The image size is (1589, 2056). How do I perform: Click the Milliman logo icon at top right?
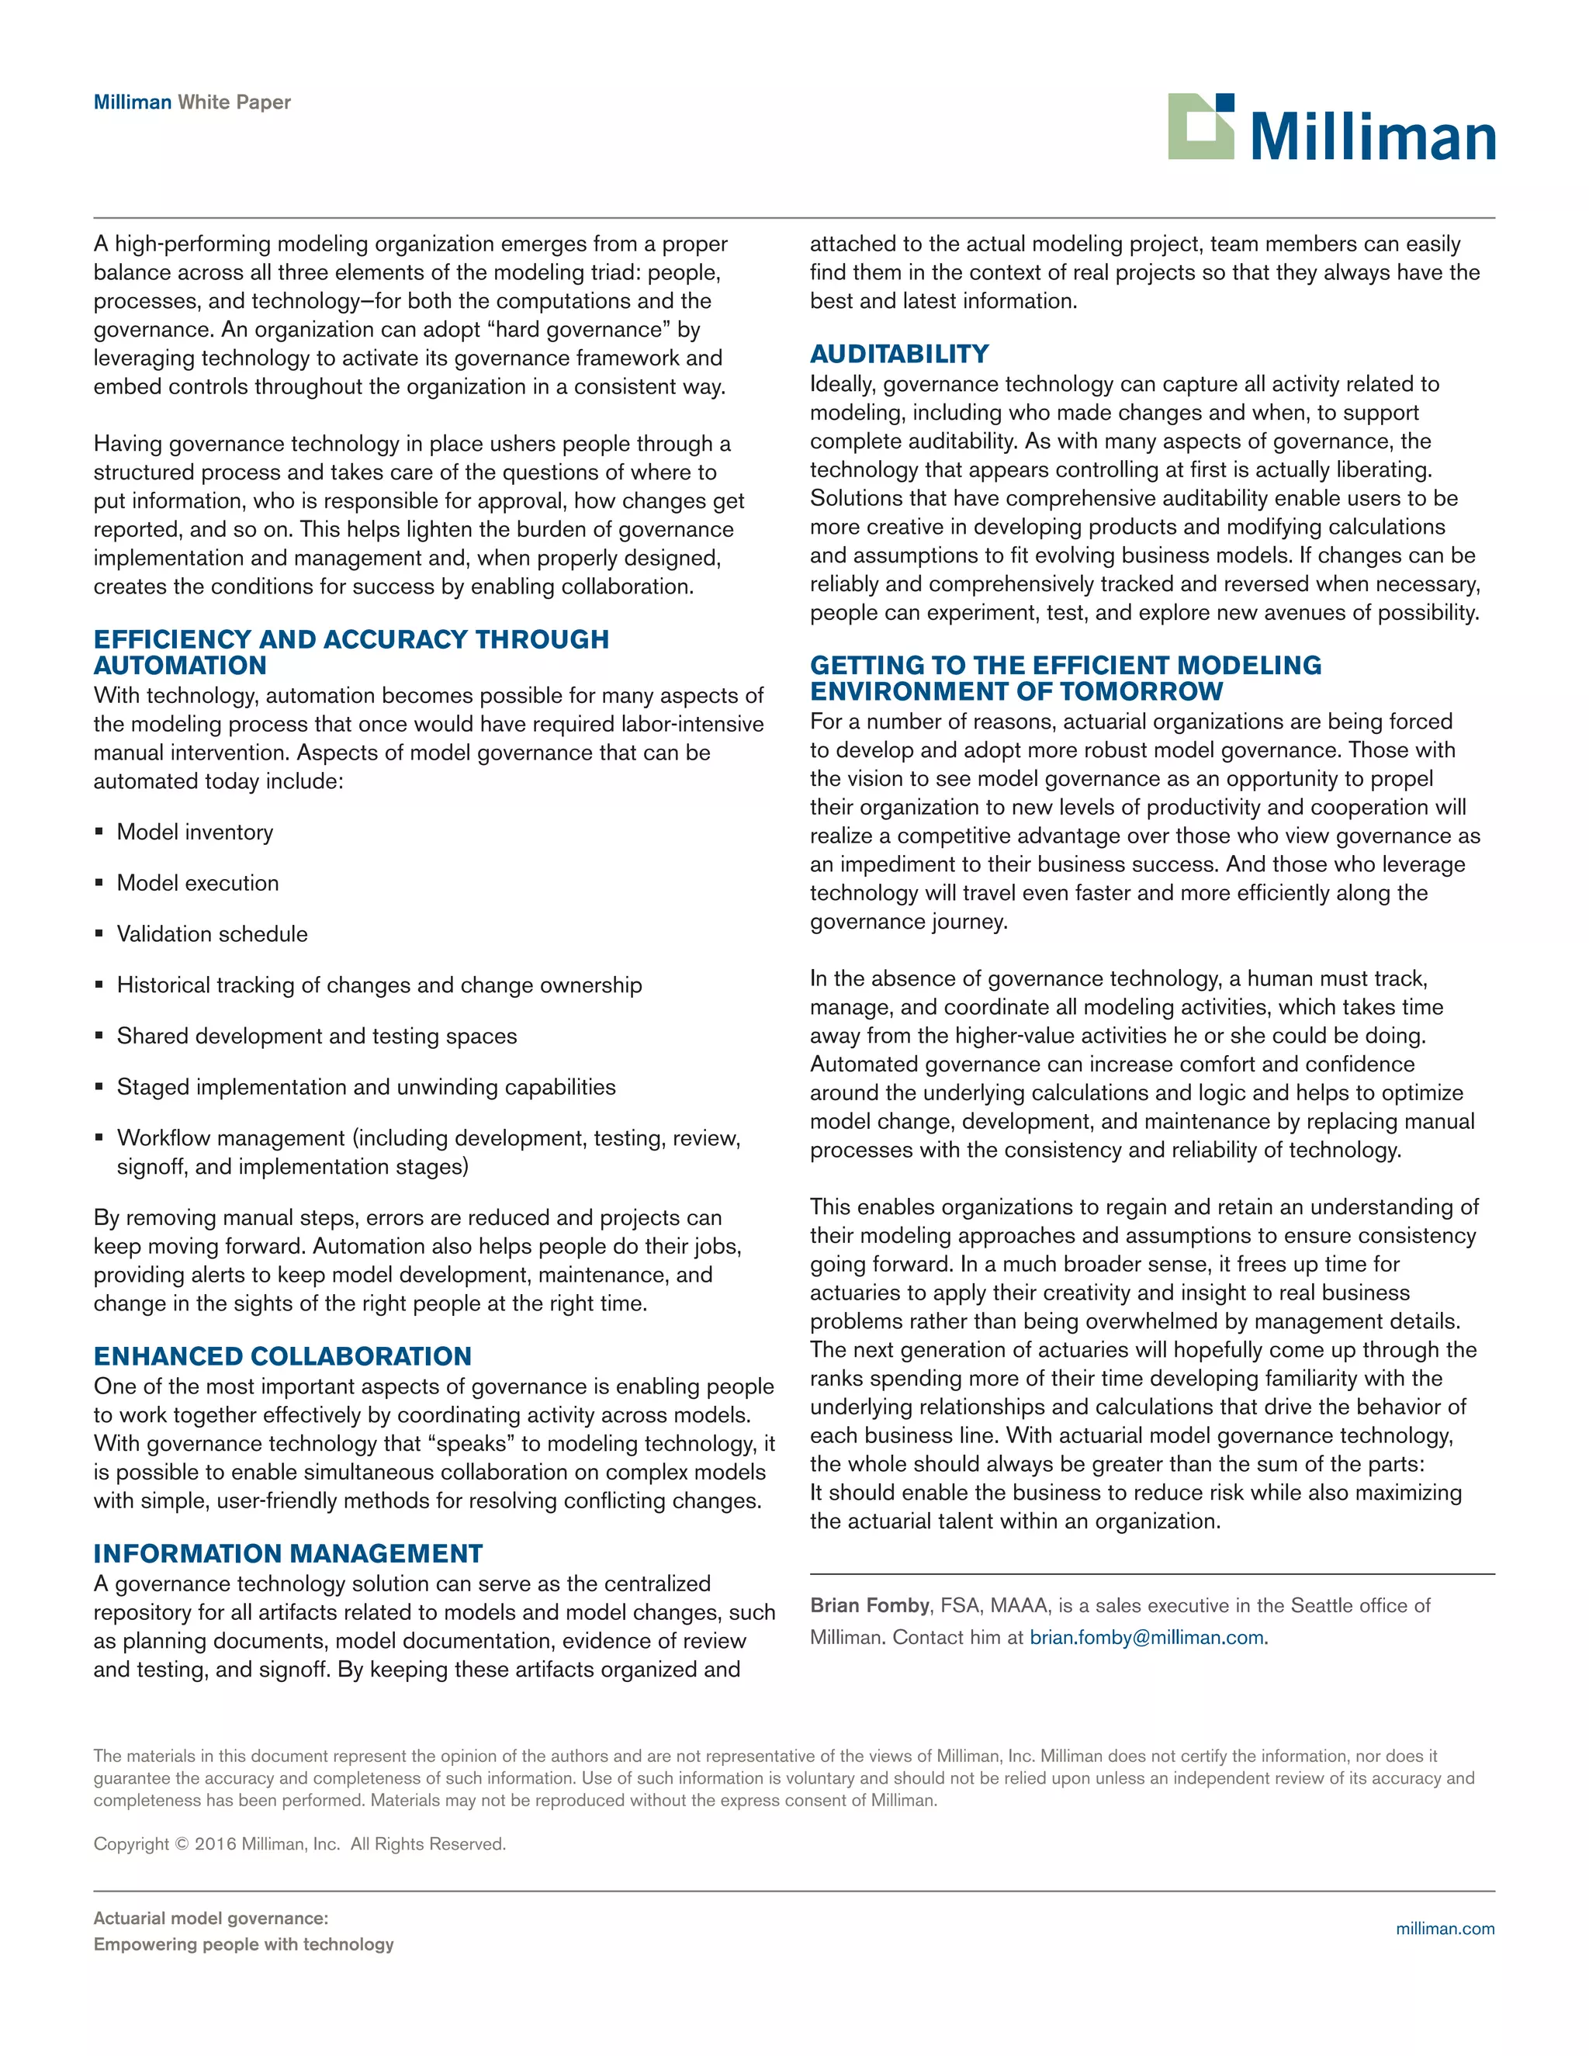1200,126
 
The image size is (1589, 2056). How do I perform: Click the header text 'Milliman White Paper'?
192,102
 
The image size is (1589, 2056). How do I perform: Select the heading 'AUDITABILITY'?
899,354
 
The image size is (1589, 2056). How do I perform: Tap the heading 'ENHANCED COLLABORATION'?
282,1355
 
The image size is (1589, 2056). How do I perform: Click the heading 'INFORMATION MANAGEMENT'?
288,1553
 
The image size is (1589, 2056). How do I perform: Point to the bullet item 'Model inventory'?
195,832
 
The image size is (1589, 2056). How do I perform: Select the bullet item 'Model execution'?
198,883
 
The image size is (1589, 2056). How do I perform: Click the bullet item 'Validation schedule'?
212,934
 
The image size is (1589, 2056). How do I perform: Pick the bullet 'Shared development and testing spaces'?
317,1036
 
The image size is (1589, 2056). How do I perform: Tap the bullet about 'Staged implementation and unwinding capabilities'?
365,1086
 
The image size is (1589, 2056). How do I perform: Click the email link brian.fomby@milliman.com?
1146,1637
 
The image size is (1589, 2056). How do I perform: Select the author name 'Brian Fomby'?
869,1605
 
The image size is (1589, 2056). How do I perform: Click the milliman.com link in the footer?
1444,1928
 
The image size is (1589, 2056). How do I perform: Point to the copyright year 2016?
215,1843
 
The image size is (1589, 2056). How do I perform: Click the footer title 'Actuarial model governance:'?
211,1918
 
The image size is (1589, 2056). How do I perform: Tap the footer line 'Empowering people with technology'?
243,1944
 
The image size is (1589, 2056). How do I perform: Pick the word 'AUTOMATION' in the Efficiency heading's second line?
180,666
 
